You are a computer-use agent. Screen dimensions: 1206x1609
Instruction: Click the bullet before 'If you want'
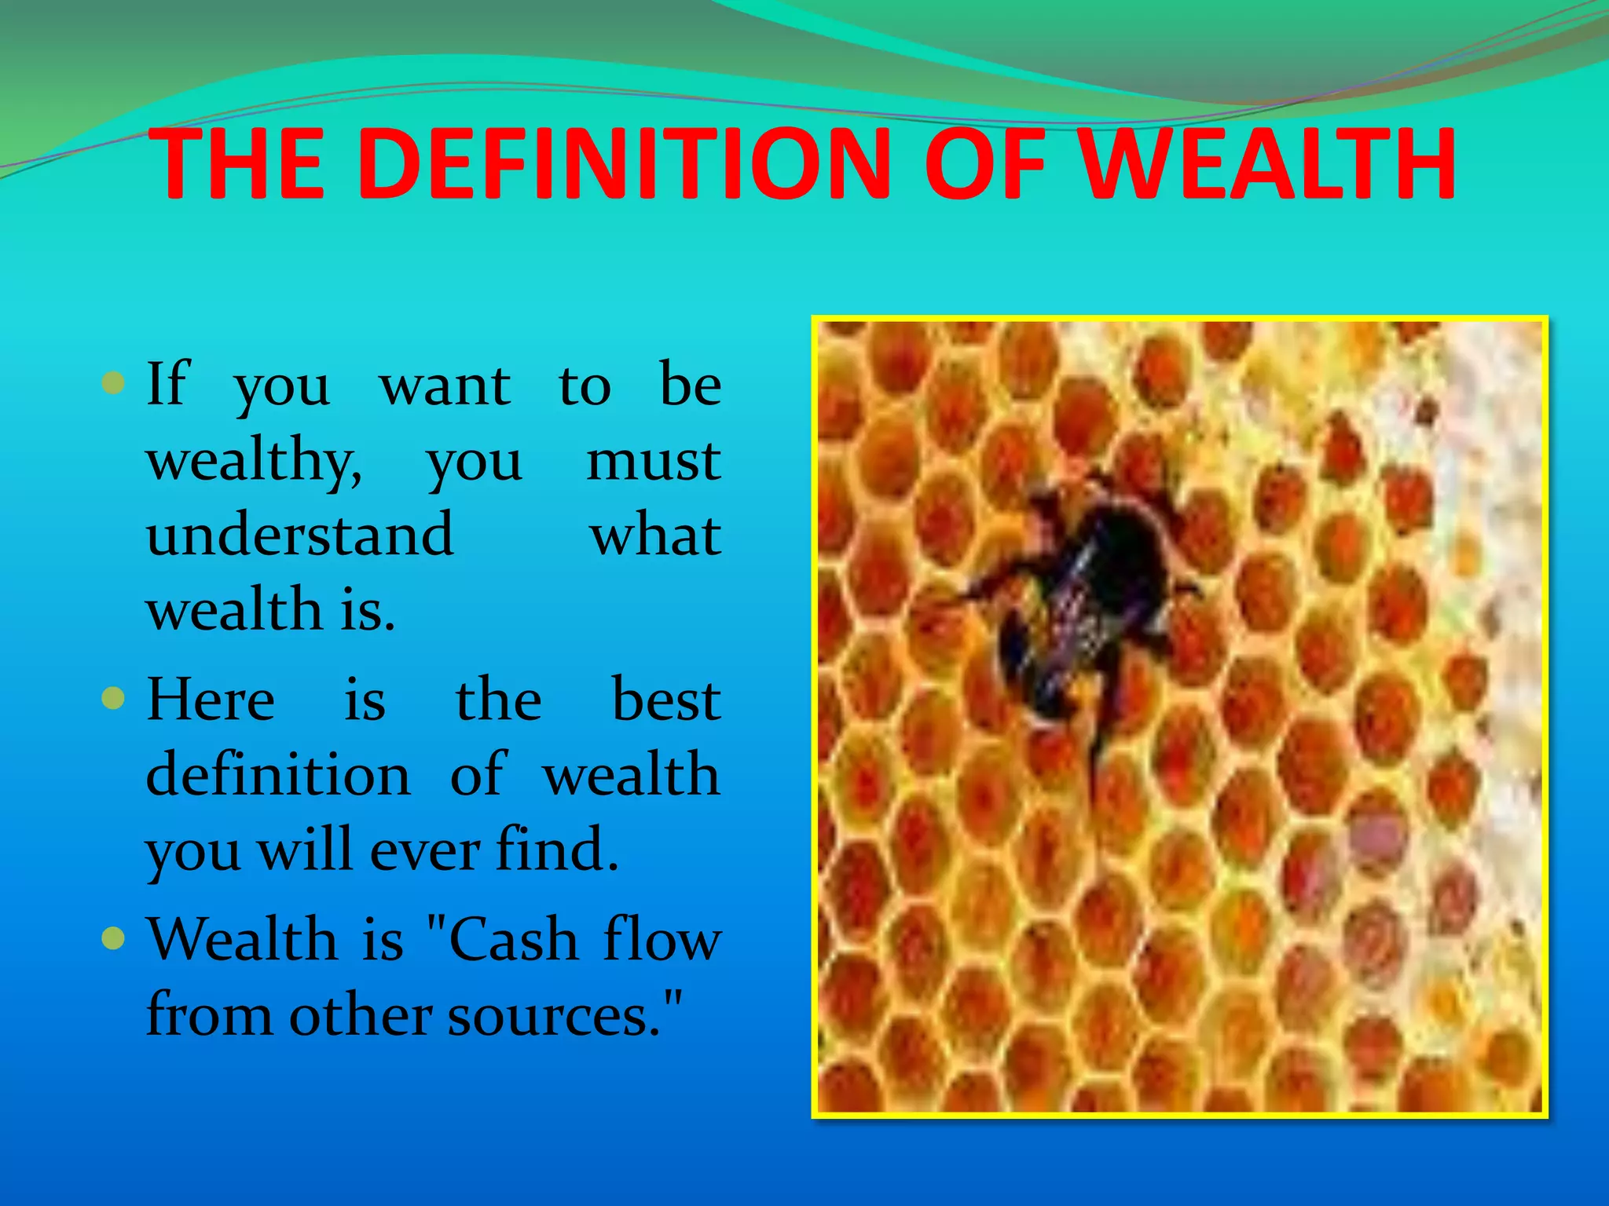click(x=114, y=384)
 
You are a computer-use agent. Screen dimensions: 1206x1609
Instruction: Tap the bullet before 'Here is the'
click(x=114, y=698)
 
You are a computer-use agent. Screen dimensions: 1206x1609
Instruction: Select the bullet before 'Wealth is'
click(x=114, y=937)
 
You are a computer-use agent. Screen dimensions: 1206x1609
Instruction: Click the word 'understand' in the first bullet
click(x=300, y=535)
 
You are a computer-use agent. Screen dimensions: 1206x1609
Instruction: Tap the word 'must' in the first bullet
click(x=654, y=462)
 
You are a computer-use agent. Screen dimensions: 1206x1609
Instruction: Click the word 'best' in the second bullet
click(x=665, y=700)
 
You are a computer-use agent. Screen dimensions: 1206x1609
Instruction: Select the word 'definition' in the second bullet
click(x=278, y=774)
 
